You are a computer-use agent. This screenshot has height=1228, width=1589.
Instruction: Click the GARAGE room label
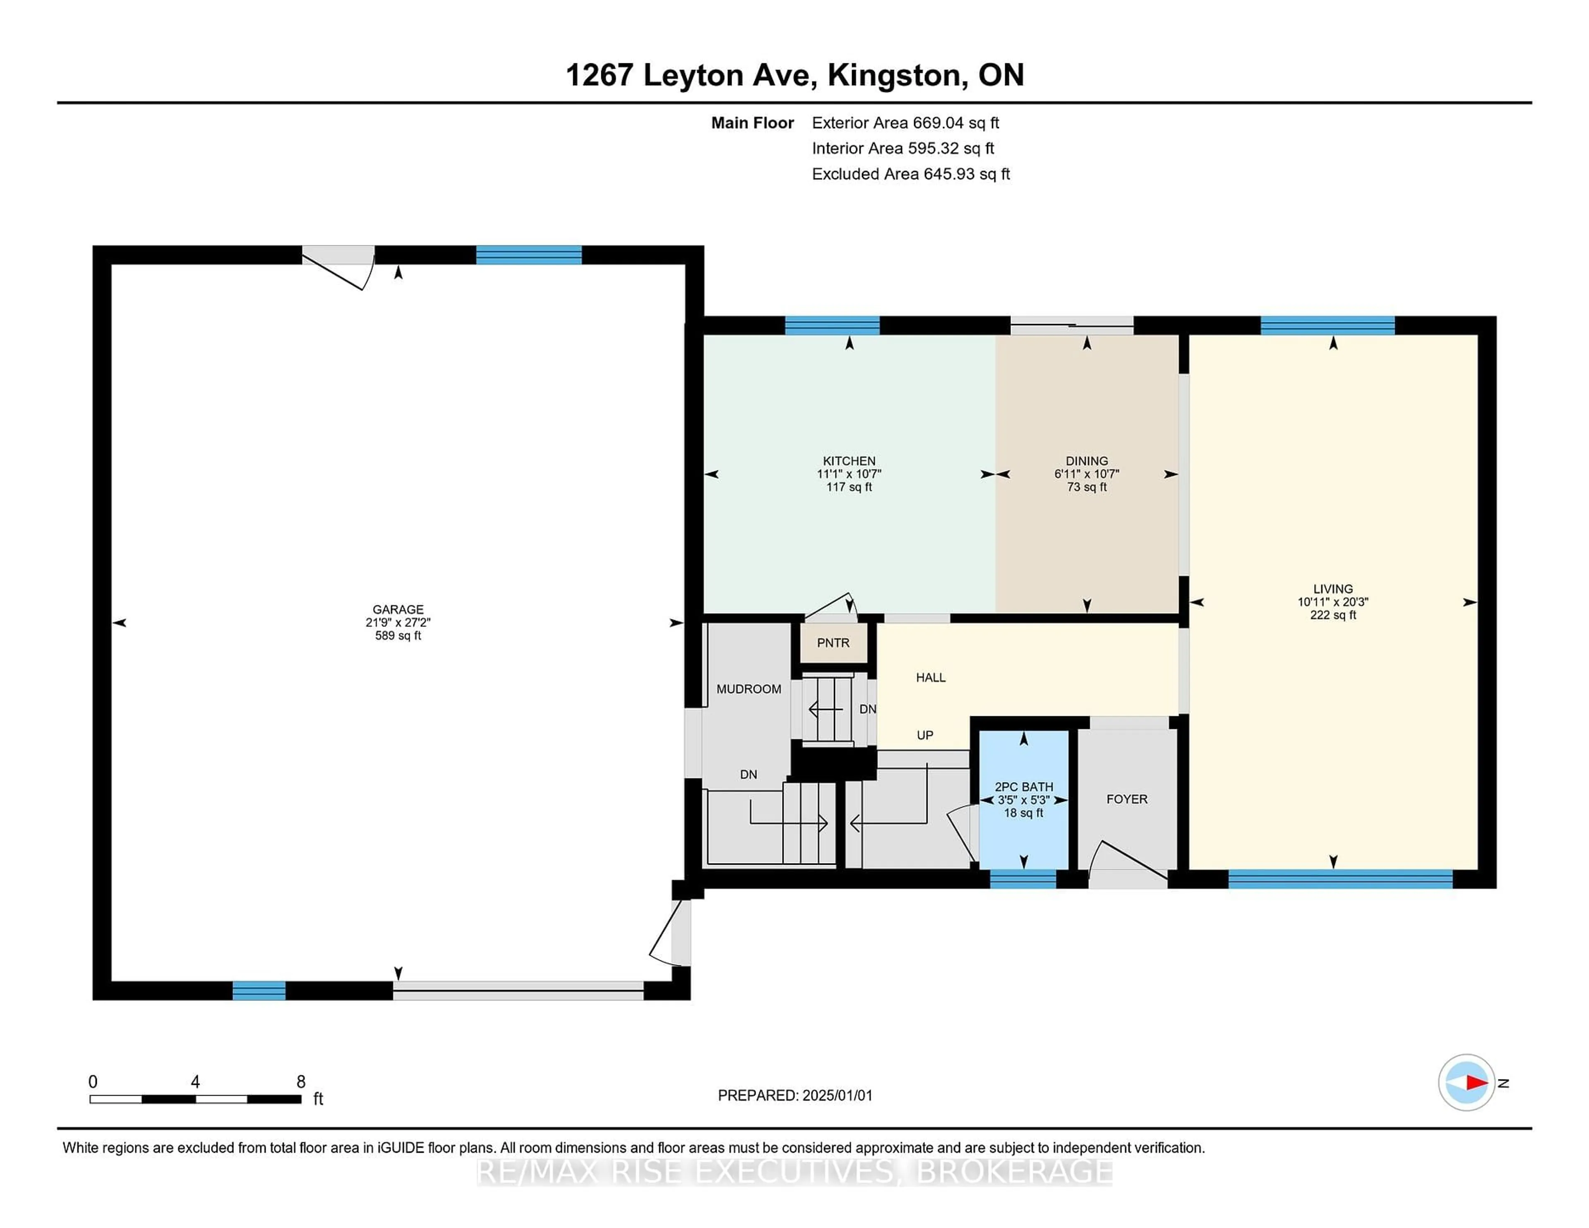[398, 609]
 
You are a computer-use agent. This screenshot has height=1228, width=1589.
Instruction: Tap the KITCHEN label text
[849, 461]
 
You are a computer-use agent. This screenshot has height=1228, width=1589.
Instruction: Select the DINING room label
[1087, 461]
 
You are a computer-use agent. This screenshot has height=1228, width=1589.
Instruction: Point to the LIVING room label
[1333, 589]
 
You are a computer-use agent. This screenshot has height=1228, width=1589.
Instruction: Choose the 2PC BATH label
[1024, 787]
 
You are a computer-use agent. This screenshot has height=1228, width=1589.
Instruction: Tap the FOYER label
[1127, 799]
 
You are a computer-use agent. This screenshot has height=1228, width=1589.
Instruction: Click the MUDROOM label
[749, 689]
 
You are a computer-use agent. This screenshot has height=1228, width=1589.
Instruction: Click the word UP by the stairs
[925, 736]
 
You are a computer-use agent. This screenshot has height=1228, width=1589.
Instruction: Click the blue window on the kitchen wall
[832, 325]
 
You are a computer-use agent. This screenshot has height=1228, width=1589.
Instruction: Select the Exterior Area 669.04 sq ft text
[906, 123]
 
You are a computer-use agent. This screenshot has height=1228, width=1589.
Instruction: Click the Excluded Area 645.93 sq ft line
[911, 174]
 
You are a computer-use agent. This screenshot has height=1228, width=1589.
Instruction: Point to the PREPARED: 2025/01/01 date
[795, 1096]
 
